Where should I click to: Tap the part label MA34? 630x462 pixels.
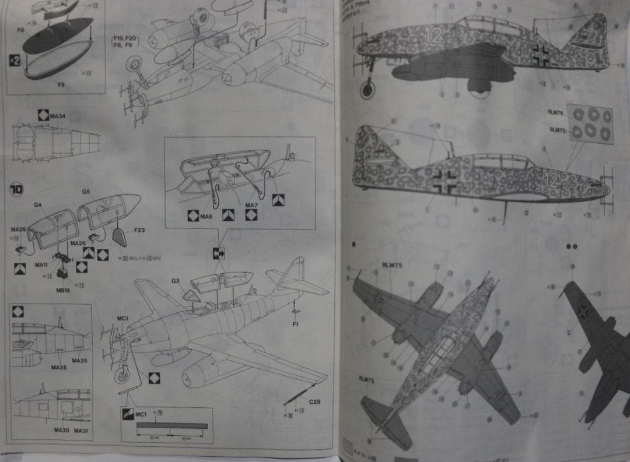pyautogui.click(x=58, y=116)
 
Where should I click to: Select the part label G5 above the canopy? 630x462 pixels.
pyautogui.click(x=86, y=191)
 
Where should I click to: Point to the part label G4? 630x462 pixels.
pyautogui.click(x=37, y=204)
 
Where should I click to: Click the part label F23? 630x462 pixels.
pyautogui.click(x=139, y=230)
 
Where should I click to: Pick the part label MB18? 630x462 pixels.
pyautogui.click(x=62, y=289)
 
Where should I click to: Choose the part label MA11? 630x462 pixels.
pyautogui.click(x=41, y=264)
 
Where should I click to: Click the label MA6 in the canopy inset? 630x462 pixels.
pyautogui.click(x=206, y=217)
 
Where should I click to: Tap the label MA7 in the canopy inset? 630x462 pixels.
pyautogui.click(x=251, y=205)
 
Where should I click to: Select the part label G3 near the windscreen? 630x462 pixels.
pyautogui.click(x=175, y=281)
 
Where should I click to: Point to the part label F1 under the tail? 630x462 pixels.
pyautogui.click(x=295, y=324)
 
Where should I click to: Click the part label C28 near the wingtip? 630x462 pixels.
pyautogui.click(x=314, y=401)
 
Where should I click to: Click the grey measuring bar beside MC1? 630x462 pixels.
pyautogui.click(x=171, y=426)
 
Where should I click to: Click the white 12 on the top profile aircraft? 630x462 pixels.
pyautogui.click(x=433, y=35)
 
